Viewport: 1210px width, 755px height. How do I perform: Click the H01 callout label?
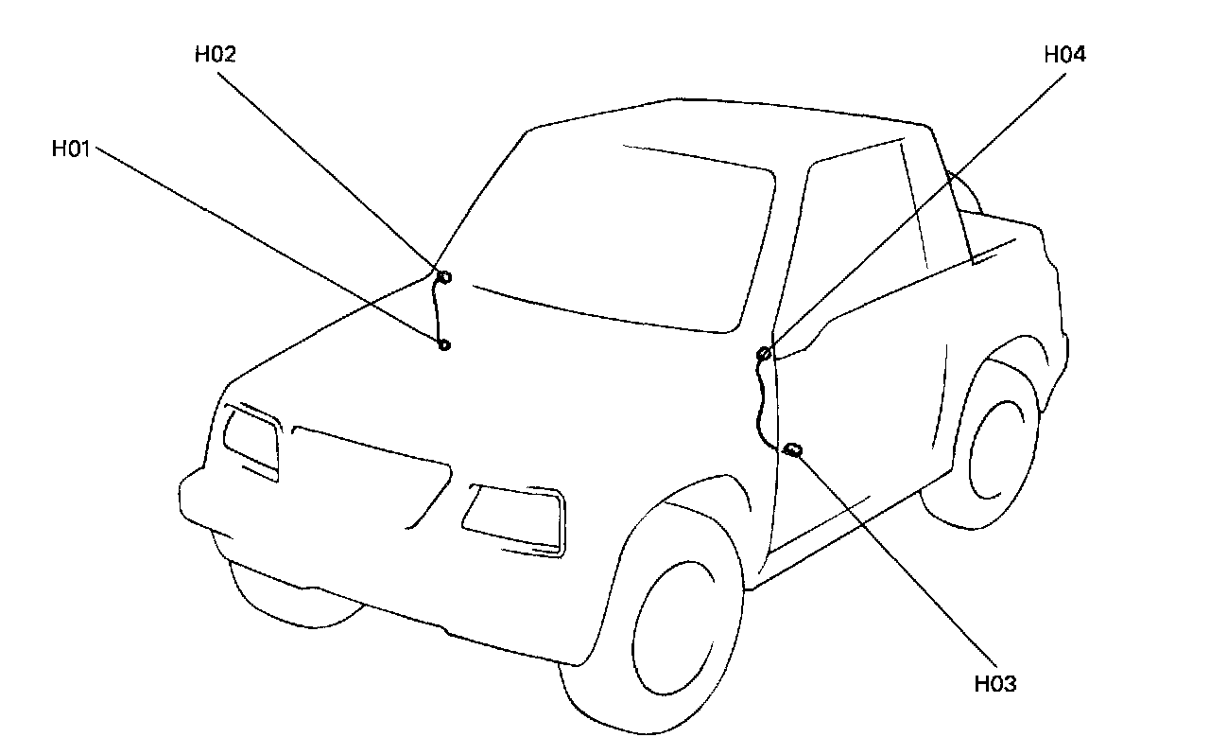click(x=72, y=149)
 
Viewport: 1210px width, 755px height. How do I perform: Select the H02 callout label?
click(x=215, y=55)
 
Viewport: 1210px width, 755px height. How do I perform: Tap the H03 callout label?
click(x=995, y=684)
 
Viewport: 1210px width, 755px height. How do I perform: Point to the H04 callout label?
click(x=1064, y=55)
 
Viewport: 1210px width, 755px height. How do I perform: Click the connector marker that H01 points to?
click(x=444, y=345)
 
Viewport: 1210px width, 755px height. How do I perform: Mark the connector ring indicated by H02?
click(x=444, y=277)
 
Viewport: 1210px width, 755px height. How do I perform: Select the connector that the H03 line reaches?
click(x=793, y=449)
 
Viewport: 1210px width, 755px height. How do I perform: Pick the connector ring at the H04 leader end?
click(x=764, y=354)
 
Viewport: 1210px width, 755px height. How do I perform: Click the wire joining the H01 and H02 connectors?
click(x=436, y=312)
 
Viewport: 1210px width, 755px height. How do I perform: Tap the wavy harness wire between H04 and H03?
click(x=758, y=402)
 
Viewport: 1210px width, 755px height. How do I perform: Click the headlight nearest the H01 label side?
click(x=251, y=437)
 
